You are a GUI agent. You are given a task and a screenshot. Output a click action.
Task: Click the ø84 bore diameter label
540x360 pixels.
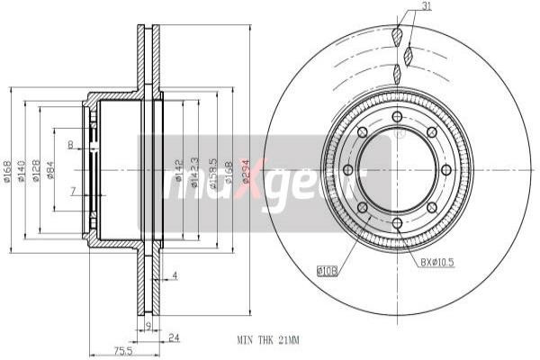[50, 168]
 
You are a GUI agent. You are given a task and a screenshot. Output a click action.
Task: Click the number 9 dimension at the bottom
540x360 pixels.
[148, 324]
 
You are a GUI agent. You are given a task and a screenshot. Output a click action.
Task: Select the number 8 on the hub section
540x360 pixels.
[70, 144]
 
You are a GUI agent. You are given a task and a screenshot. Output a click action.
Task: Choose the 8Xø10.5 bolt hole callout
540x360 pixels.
[437, 262]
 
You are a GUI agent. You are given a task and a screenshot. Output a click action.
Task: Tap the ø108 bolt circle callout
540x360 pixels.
[328, 267]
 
